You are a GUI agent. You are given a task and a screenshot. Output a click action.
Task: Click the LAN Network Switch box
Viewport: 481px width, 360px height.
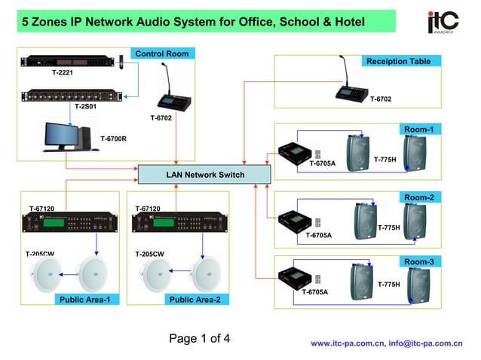click(204, 175)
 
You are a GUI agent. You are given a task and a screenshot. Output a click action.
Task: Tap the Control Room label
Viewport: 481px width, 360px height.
click(161, 53)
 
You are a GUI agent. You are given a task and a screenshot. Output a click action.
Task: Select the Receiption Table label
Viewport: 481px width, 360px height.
click(398, 61)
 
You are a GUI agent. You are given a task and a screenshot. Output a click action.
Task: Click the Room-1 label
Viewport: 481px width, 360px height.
click(418, 130)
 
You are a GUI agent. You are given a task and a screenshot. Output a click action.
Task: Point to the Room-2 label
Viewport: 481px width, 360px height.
click(418, 197)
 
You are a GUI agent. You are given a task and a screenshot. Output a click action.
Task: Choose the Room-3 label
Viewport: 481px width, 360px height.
click(418, 261)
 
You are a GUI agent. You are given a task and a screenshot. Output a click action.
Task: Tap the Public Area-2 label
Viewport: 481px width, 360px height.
click(195, 299)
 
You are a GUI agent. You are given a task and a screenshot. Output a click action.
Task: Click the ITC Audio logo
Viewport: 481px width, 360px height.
click(443, 22)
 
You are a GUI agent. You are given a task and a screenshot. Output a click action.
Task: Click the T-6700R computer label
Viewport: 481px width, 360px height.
click(113, 139)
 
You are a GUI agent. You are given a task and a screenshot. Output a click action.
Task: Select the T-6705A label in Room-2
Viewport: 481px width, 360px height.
click(318, 235)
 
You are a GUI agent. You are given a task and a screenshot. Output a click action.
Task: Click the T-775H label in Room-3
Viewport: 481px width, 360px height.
click(388, 284)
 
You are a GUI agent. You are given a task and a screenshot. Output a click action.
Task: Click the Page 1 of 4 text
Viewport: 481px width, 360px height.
click(199, 338)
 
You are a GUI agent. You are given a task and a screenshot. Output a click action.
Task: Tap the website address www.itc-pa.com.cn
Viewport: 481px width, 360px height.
click(347, 343)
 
